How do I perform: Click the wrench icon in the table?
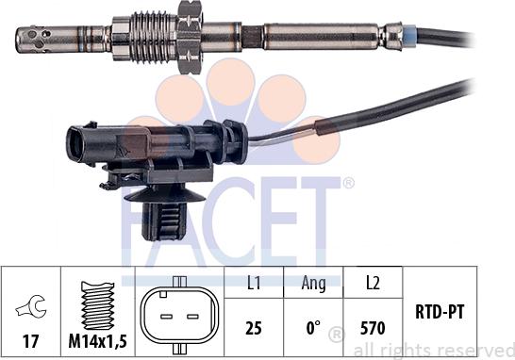coord(31,307)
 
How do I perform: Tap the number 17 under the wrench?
coord(30,341)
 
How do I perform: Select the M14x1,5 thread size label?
coord(97,341)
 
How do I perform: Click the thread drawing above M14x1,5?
coord(97,305)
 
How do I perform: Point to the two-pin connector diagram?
coord(179,316)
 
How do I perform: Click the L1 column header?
coord(253,283)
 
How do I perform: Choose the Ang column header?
coord(314,284)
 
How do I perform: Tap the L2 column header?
coord(373,283)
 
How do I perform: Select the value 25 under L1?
coord(254,328)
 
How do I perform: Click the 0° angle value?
coord(313,328)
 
